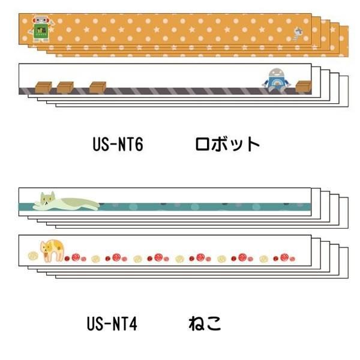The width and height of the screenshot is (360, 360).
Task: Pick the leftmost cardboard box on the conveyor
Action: click(x=44, y=87)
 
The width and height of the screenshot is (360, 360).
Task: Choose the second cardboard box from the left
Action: click(x=65, y=87)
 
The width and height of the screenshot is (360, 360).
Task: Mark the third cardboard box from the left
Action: click(x=97, y=87)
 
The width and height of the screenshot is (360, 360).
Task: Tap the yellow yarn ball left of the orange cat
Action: click(x=32, y=256)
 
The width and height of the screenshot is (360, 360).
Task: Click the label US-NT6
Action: click(x=118, y=144)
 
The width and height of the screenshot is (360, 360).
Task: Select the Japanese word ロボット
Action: click(x=227, y=144)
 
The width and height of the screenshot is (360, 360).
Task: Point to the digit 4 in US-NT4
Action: click(x=133, y=325)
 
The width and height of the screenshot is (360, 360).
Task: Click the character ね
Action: click(x=196, y=324)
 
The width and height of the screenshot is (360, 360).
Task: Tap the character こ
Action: click(x=214, y=324)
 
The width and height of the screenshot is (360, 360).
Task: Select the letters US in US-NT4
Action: click(x=94, y=325)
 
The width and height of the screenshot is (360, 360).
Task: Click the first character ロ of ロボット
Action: click(x=203, y=144)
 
